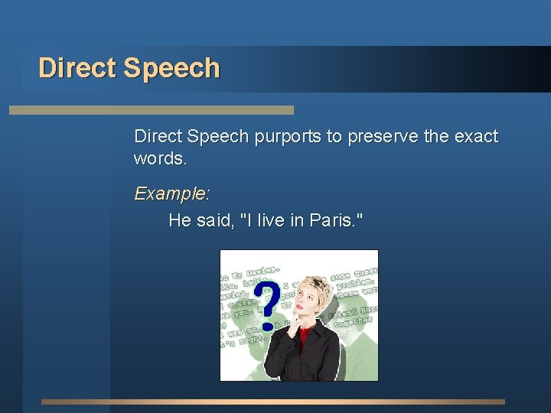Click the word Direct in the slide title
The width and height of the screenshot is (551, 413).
click(x=77, y=68)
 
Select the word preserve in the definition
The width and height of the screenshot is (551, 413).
click(x=383, y=137)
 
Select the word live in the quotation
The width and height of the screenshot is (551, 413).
click(x=271, y=221)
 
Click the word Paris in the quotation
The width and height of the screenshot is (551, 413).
click(x=331, y=221)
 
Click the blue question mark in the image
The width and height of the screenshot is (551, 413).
click(x=266, y=304)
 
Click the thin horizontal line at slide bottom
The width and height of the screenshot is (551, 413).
click(x=273, y=402)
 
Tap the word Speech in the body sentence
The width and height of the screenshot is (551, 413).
click(x=219, y=137)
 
